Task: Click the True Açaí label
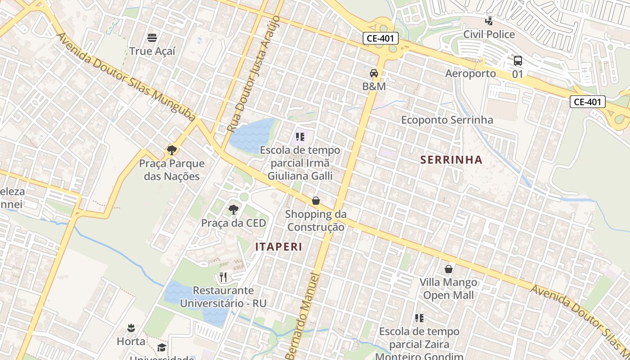(152, 51)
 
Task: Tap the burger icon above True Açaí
(152, 37)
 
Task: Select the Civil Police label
(489, 34)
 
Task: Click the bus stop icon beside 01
(517, 61)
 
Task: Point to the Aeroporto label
(470, 73)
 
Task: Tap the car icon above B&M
(374, 73)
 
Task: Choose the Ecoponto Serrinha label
(447, 120)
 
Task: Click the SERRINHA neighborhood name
(451, 159)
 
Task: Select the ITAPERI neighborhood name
(279, 247)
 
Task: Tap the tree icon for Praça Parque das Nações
(171, 150)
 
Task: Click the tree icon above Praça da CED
(233, 209)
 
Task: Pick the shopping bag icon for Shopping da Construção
(316, 201)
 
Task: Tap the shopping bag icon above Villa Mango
(449, 269)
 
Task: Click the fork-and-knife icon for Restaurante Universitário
(223, 277)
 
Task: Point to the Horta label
(131, 341)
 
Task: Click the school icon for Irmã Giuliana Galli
(300, 136)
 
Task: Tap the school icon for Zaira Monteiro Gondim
(419, 318)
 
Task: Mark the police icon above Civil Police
(489, 21)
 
